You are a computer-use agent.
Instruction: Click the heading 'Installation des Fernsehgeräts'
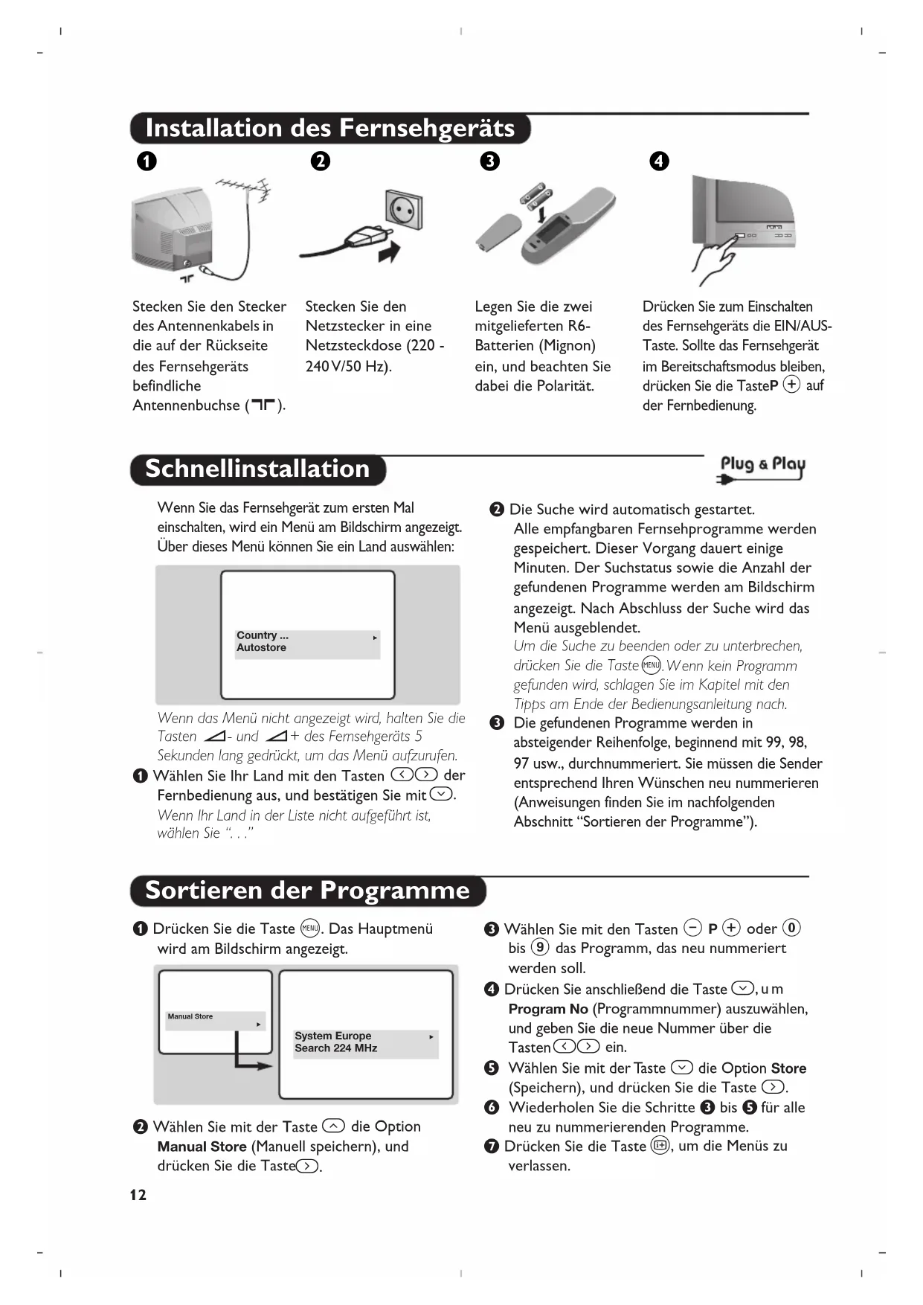point(329,128)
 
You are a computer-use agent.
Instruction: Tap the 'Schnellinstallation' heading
point(257,469)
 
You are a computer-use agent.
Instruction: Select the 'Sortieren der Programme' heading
point(307,891)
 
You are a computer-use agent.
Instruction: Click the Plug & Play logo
point(762,468)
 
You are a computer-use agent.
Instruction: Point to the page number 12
point(138,1195)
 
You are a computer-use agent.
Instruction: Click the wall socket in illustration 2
point(404,211)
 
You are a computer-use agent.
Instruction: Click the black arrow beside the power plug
point(390,251)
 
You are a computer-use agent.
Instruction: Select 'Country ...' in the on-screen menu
point(263,635)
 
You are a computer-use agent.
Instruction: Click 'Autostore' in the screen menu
point(261,648)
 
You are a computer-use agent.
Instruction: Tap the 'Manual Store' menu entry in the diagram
point(190,1016)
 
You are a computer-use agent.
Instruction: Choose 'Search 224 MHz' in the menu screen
point(335,1048)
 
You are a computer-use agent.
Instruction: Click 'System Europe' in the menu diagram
point(332,1036)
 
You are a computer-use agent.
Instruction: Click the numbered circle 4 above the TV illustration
point(659,161)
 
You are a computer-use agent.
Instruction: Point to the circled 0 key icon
point(792,928)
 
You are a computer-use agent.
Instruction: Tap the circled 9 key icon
point(540,948)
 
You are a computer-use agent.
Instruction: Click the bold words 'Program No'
point(548,1009)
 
